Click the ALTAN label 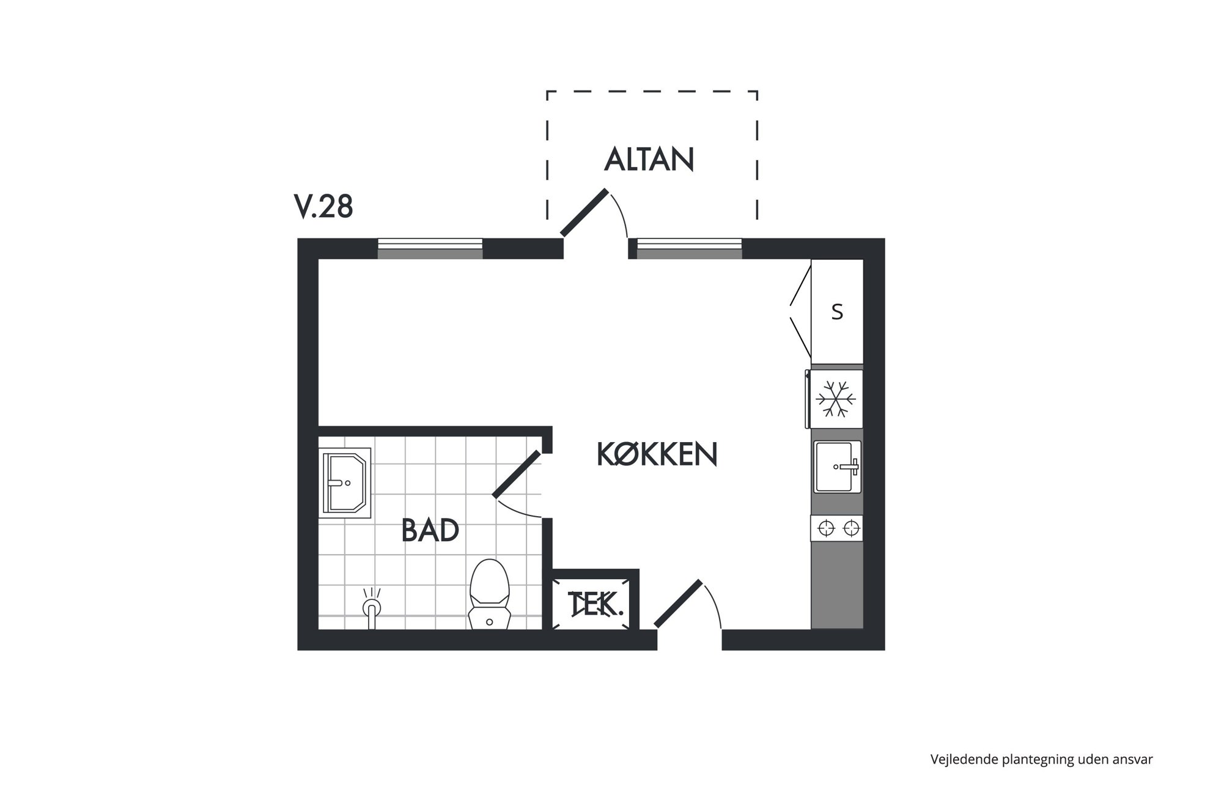coord(649,159)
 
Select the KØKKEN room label coord(657,454)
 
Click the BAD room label coord(430,530)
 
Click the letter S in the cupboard coord(837,312)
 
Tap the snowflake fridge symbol coord(836,399)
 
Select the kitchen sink coord(837,467)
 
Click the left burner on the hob coord(826,528)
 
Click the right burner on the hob coord(851,528)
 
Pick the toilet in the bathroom coord(489,593)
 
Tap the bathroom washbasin coord(345,482)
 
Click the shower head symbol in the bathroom coord(371,607)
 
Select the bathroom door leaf coord(517,474)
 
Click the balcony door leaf coord(584,212)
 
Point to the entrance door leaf coord(678,603)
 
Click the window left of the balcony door coord(430,249)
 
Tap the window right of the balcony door coord(690,249)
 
